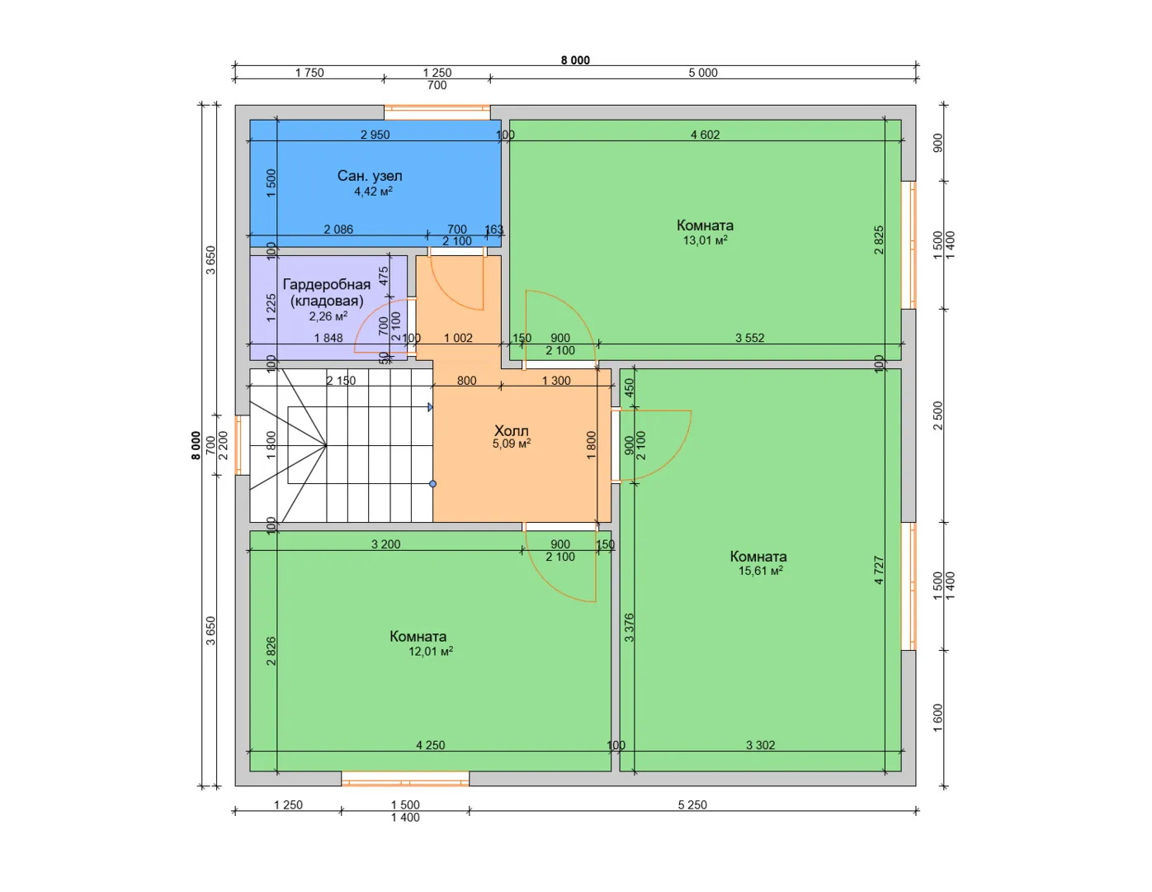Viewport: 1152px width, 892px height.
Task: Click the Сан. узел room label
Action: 370,176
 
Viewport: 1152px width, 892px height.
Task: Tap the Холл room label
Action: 511,430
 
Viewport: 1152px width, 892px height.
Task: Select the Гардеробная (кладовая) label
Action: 327,292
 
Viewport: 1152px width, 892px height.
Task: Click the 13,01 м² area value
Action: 705,240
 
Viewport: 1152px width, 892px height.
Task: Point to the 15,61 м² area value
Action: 760,571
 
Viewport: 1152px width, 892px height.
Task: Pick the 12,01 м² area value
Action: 431,651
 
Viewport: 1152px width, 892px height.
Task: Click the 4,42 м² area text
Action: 373,192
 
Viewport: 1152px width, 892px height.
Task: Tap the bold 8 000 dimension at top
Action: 575,60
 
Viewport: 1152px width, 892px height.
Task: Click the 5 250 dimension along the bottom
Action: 692,805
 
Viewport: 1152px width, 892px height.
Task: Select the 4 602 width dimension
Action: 705,135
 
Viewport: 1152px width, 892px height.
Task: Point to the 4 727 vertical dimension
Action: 879,571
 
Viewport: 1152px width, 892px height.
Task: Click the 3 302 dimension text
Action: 760,745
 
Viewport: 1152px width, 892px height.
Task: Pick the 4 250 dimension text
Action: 431,745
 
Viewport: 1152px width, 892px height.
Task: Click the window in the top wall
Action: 437,112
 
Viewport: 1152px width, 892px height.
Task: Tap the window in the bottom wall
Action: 405,779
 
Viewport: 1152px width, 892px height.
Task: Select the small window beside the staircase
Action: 239,444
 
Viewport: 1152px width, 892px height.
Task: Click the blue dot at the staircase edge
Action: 432,484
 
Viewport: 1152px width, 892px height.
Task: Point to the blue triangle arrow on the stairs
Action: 431,407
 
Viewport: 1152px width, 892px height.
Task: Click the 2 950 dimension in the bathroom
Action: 375,135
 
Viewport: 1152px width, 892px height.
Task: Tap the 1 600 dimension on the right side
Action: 937,718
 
